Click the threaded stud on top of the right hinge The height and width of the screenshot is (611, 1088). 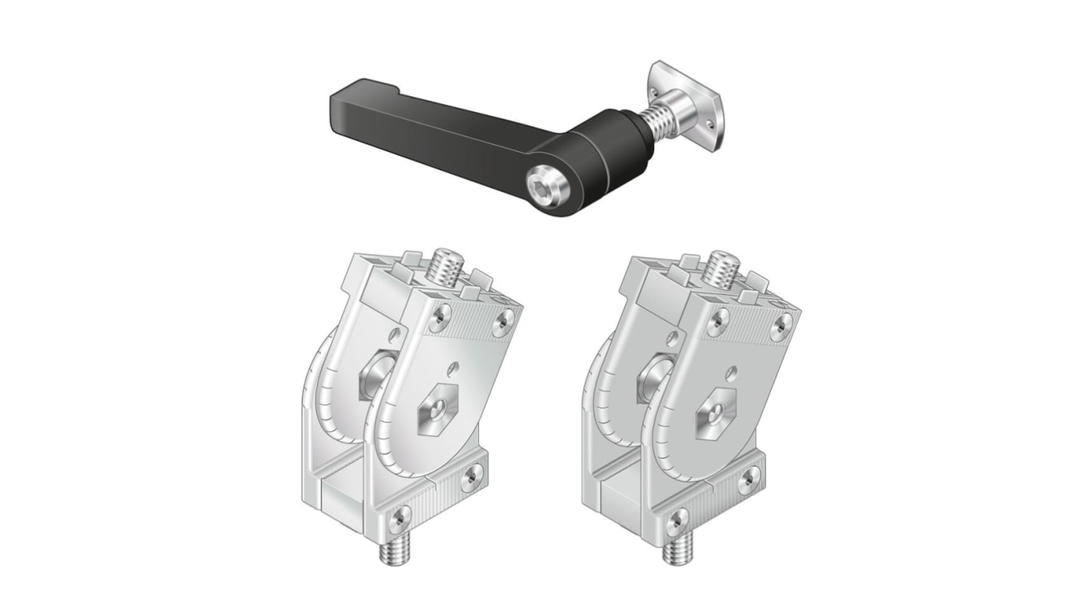[721, 267]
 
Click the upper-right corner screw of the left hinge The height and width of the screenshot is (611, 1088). [502, 322]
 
